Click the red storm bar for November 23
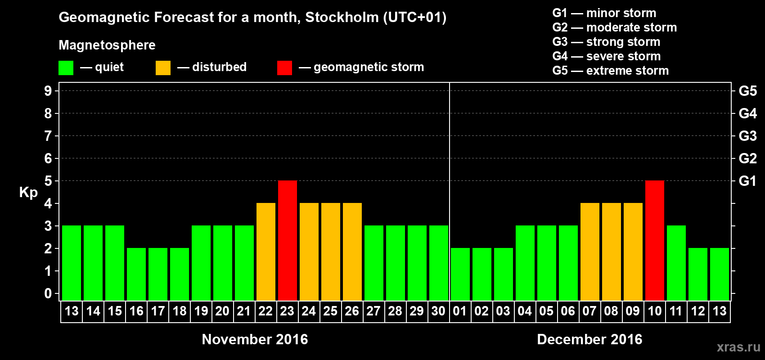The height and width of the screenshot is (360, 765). [x=288, y=240]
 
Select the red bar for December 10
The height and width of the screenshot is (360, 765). [x=655, y=240]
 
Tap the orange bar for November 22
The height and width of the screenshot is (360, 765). [x=266, y=252]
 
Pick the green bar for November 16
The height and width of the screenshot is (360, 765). [x=136, y=274]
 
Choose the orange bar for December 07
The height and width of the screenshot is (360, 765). [x=590, y=252]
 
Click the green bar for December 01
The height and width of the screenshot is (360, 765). [x=460, y=274]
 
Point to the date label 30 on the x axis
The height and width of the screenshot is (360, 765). [x=438, y=311]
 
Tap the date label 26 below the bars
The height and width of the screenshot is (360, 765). [x=352, y=311]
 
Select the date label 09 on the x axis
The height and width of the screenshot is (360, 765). [x=633, y=311]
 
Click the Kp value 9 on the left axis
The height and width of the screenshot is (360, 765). [x=48, y=91]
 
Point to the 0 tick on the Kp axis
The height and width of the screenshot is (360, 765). [x=48, y=294]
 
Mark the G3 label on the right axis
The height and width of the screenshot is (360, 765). [x=747, y=136]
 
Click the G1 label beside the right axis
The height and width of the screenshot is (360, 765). [x=747, y=181]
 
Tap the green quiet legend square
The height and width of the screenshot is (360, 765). [x=66, y=68]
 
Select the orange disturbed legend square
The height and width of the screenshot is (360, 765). [x=163, y=68]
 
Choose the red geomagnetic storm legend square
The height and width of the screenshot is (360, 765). [x=284, y=68]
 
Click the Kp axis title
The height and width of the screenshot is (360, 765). [x=28, y=193]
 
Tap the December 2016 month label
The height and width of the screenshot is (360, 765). [x=589, y=339]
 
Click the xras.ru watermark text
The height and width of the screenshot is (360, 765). [x=738, y=347]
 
